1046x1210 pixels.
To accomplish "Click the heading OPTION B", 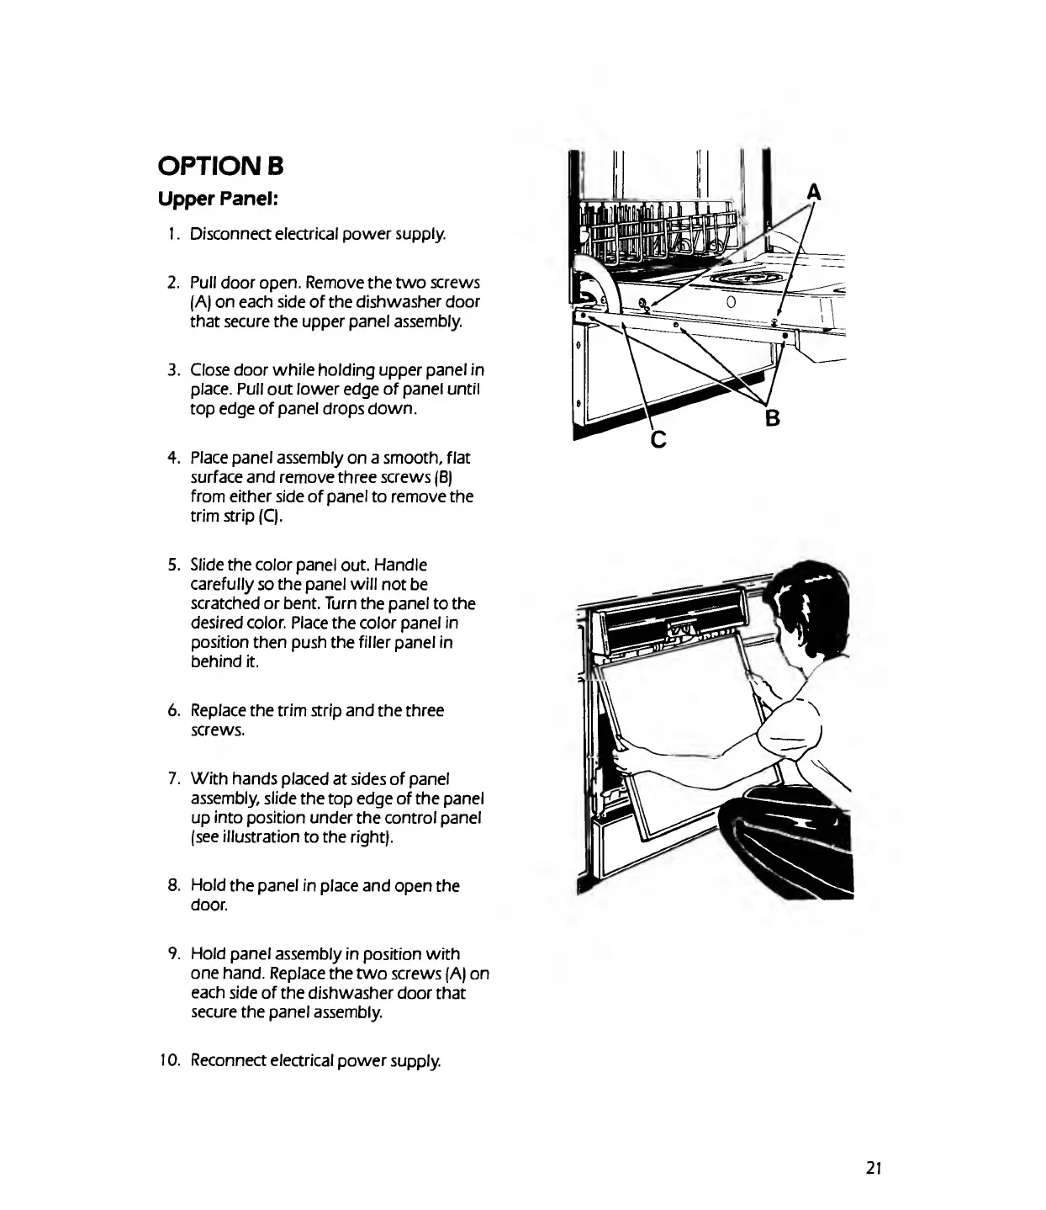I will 220,166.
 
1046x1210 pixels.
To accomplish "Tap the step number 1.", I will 172,233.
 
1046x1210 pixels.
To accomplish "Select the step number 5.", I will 172,565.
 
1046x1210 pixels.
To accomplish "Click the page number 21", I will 872,1168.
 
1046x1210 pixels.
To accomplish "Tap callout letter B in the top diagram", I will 772,417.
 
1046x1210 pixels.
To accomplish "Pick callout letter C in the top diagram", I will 658,438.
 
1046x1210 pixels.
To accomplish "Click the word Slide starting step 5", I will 205,565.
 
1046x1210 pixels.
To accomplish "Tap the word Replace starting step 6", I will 217,711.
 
